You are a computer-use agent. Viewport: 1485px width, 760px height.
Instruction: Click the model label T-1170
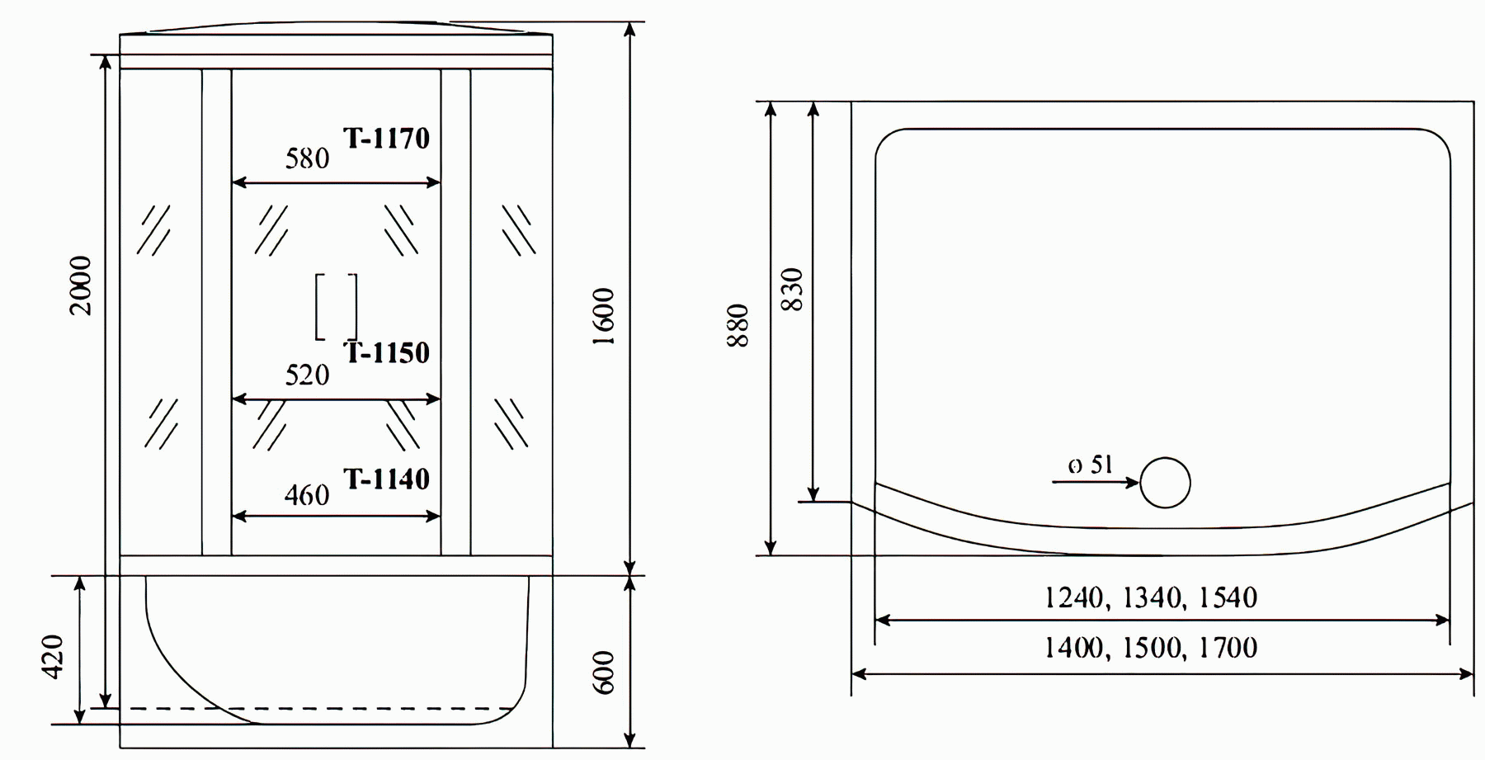coord(386,139)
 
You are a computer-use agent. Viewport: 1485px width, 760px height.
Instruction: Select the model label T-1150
coord(386,353)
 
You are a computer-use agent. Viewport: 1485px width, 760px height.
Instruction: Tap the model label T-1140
coord(386,479)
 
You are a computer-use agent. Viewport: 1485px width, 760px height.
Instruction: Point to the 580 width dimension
coord(307,158)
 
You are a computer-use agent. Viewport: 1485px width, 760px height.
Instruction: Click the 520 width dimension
coord(307,375)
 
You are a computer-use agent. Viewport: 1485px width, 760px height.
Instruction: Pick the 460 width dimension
coord(307,495)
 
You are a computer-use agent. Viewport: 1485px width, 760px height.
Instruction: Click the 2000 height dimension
coord(81,286)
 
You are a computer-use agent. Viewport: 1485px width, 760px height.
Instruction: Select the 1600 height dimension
coord(605,317)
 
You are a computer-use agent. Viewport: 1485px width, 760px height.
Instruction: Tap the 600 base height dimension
coord(605,673)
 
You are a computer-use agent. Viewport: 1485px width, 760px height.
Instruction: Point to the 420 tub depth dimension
coord(52,657)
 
